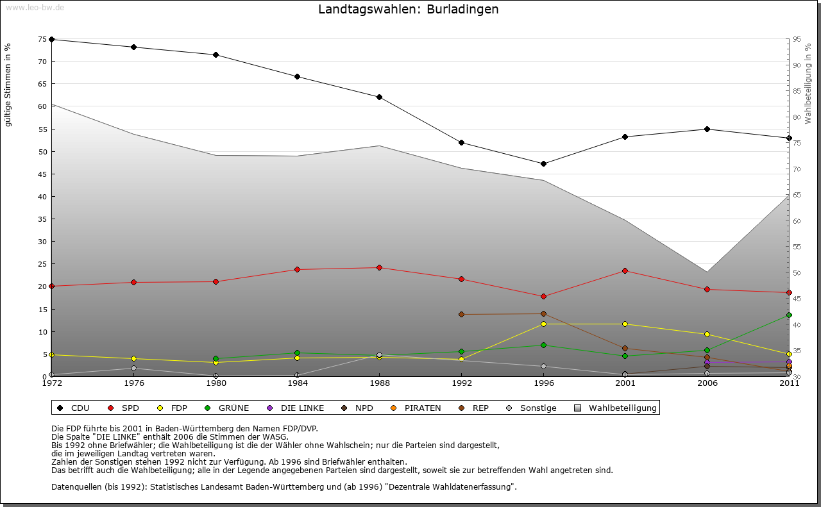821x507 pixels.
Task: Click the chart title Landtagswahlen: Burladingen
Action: tap(408, 9)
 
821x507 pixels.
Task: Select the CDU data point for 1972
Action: tap(51, 39)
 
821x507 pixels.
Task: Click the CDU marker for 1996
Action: tap(543, 163)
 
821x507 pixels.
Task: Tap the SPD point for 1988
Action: tap(379, 267)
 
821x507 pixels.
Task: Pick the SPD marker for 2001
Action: tap(625, 270)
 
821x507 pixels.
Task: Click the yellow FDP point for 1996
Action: tap(543, 324)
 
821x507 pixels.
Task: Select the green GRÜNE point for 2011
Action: tap(789, 315)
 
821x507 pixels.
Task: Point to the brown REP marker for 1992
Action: tap(461, 314)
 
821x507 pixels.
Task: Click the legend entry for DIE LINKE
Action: tap(302, 408)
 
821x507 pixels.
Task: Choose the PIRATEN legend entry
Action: tap(422, 408)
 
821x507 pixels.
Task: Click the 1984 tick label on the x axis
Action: tap(298, 383)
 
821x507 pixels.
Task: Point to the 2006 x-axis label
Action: tap(707, 383)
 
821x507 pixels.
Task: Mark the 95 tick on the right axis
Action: tap(797, 39)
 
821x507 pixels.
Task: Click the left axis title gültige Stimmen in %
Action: tap(8, 85)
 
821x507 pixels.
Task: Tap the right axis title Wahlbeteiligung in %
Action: tap(808, 83)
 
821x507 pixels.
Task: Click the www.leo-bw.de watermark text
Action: tap(35, 7)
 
